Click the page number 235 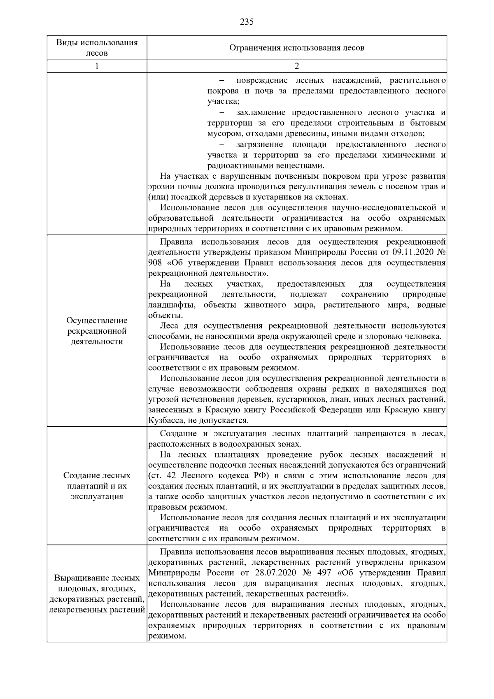pos(247,22)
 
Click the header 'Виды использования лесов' pos(97,47)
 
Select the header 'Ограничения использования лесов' pos(296,48)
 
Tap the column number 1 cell pos(97,66)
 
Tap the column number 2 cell pos(297,66)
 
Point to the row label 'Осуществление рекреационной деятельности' pos(97,331)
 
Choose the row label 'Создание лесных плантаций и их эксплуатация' pos(97,486)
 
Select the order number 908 pos(155,263)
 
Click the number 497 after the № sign pos(324,573)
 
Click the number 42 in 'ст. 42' pos(171,476)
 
